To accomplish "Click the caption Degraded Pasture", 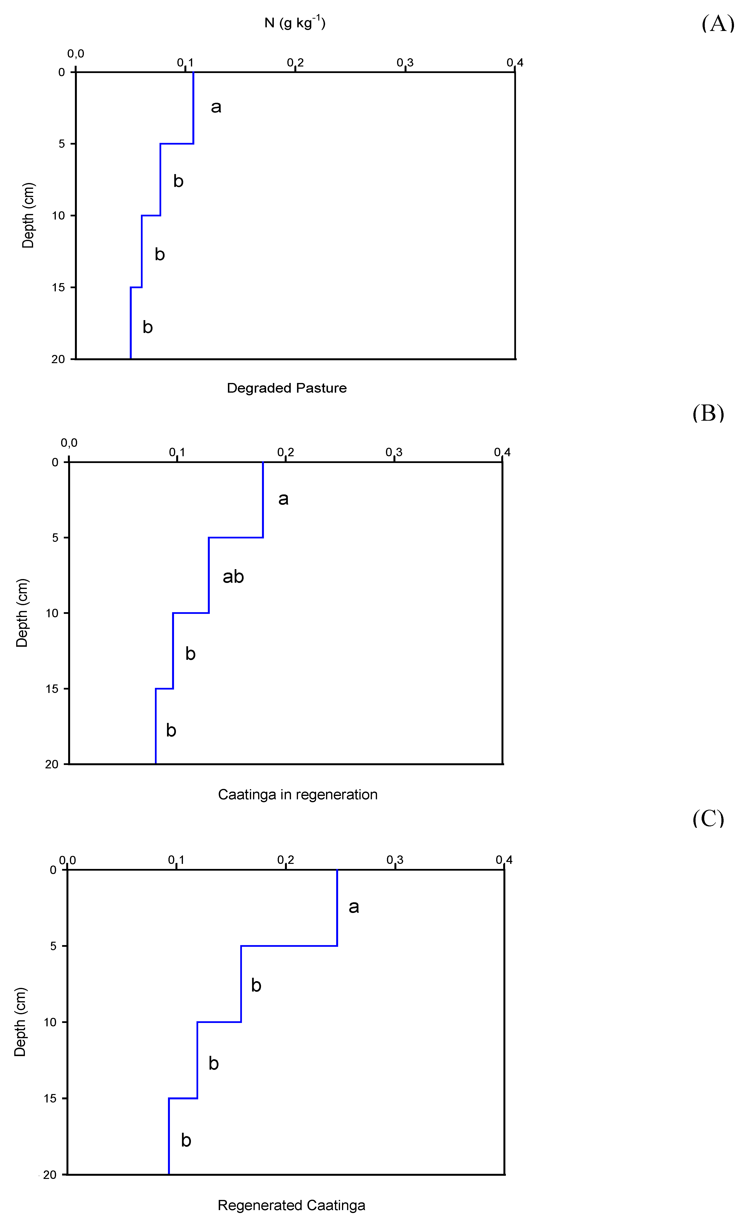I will [287, 388].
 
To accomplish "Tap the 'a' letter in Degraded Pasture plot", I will [216, 107].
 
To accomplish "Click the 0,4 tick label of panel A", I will [515, 62].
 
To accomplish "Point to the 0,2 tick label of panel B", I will [286, 452].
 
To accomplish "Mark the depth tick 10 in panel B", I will [52, 613].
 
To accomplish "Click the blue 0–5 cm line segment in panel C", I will [337, 908].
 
